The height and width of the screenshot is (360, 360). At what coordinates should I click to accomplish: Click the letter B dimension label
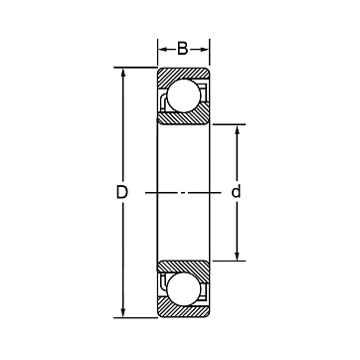(183, 49)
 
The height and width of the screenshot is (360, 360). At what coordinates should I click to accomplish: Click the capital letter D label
(122, 192)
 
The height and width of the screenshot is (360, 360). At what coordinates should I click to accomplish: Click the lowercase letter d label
(236, 192)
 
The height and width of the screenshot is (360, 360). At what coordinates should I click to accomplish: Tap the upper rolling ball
(184, 95)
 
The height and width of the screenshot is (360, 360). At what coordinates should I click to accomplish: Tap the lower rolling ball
(184, 289)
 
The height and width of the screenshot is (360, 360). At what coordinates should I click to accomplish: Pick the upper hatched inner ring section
(183, 116)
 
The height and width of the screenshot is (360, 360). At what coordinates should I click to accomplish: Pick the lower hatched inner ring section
(183, 269)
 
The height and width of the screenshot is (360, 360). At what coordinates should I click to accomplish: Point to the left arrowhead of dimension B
(162, 50)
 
